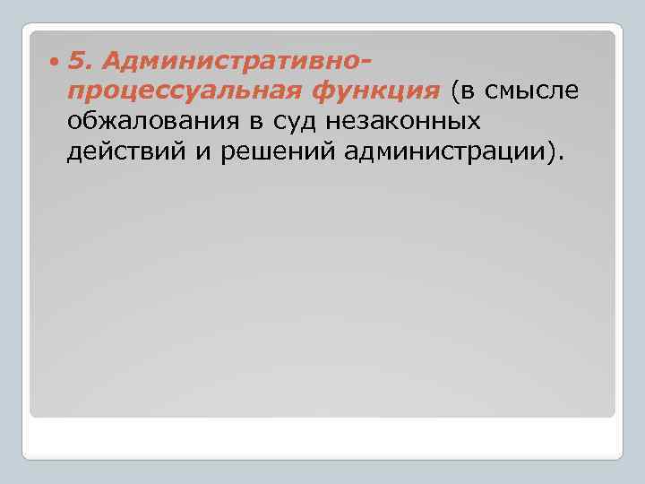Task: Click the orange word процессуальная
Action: tap(188, 91)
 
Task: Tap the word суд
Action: tap(318, 121)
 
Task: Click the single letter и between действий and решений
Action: tap(197, 151)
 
